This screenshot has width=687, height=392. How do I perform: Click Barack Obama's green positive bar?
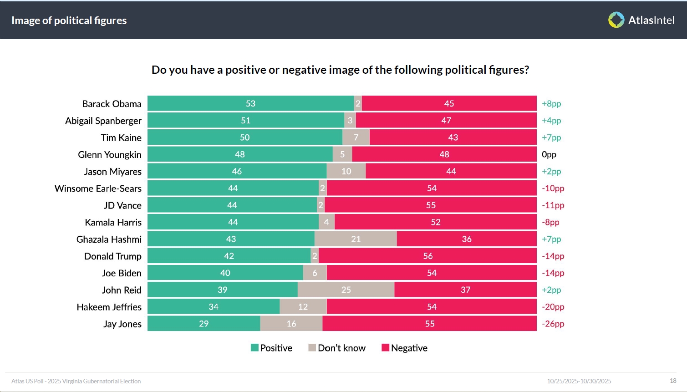pyautogui.click(x=250, y=103)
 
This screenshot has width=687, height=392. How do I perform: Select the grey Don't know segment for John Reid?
pyautogui.click(x=346, y=290)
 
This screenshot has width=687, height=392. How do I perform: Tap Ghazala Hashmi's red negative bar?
pyautogui.click(x=467, y=239)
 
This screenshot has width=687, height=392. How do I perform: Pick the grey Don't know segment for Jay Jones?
pyautogui.click(x=291, y=324)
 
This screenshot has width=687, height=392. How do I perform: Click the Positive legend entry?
pyautogui.click(x=272, y=348)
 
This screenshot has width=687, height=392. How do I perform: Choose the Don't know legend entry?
pyautogui.click(x=337, y=348)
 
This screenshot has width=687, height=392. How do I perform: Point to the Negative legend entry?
pyautogui.click(x=404, y=348)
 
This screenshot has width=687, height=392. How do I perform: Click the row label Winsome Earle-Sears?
pyautogui.click(x=98, y=188)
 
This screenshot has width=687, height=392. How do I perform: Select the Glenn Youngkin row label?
pyautogui.click(x=110, y=155)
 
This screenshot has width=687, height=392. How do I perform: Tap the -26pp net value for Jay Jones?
pyautogui.click(x=553, y=324)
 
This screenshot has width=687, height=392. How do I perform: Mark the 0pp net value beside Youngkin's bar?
pyautogui.click(x=549, y=154)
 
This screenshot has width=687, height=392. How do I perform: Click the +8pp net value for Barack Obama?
pyautogui.click(x=551, y=104)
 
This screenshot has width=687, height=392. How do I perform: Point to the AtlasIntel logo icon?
pyautogui.click(x=616, y=20)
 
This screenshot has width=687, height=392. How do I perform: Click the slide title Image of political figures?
pyautogui.click(x=69, y=20)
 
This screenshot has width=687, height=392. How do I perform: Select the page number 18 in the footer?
pyautogui.click(x=673, y=381)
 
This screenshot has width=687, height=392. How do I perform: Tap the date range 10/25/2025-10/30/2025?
pyautogui.click(x=579, y=381)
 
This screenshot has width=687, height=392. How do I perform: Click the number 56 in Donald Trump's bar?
pyautogui.click(x=428, y=256)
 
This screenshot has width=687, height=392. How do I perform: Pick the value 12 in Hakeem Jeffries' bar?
pyautogui.click(x=303, y=307)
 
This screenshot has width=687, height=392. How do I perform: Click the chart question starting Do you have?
pyautogui.click(x=340, y=70)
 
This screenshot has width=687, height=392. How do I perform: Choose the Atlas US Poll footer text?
pyautogui.click(x=76, y=381)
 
